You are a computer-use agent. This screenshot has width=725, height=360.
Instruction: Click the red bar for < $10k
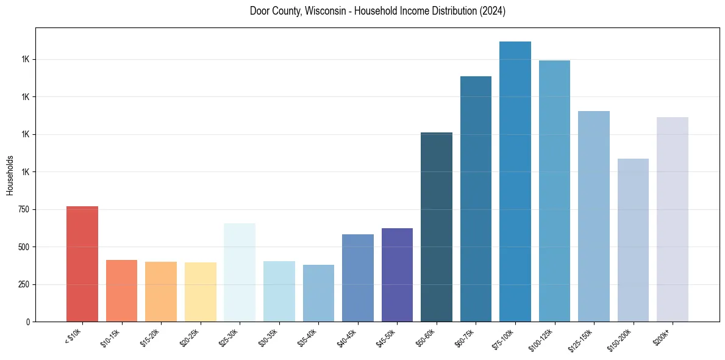82,264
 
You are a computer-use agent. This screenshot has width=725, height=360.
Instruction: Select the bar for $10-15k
121,290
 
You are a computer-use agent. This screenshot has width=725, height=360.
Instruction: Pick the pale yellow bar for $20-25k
200,292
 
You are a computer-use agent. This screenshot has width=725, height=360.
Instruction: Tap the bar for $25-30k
240,272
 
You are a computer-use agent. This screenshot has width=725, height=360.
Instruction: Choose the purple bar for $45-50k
397,275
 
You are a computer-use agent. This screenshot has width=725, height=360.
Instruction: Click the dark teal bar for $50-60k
437,227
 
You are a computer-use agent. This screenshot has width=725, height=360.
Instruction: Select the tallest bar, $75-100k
515,181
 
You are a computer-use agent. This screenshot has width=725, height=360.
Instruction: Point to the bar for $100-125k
554,191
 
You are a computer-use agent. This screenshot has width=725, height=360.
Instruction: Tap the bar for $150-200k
633,240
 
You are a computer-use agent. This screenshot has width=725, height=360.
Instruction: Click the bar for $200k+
673,219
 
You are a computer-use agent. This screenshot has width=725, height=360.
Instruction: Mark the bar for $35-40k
318,293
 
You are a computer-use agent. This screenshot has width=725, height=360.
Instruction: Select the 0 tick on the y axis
28,322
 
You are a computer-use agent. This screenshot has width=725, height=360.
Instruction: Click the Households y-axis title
10,175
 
